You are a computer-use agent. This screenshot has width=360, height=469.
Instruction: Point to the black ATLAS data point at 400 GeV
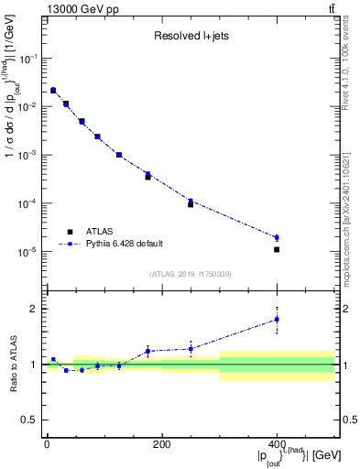tap(277, 249)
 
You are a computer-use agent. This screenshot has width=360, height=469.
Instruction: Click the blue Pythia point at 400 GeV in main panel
tap(277, 237)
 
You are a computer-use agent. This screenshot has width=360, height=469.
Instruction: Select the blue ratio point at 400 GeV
tap(277, 319)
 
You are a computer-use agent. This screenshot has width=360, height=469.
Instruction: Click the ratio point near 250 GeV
tap(191, 348)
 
